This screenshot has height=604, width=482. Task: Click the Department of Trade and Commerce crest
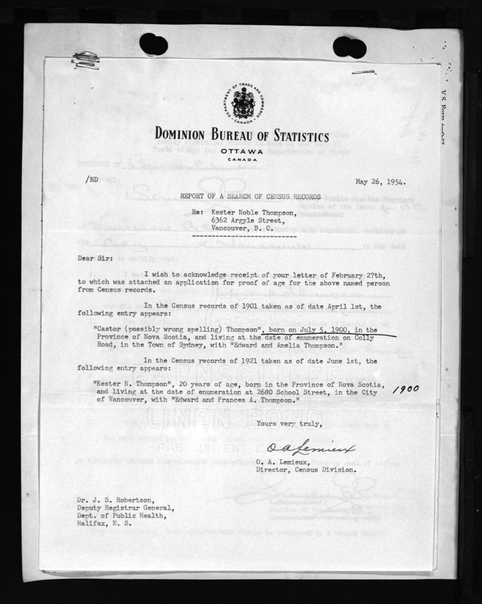(243, 104)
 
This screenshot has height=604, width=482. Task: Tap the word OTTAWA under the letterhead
(243, 152)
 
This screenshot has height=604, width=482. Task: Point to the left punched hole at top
(154, 44)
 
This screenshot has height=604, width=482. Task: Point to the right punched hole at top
(349, 47)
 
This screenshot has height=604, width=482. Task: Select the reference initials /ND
(92, 178)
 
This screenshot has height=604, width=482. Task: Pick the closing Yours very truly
(289, 423)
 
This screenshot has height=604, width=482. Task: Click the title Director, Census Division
(306, 471)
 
